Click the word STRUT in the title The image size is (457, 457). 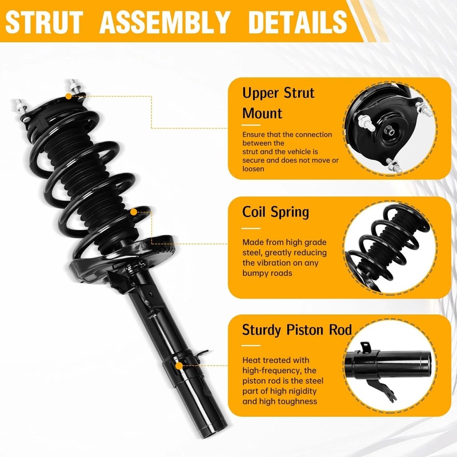(x=45, y=22)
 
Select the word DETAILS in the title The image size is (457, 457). (x=297, y=22)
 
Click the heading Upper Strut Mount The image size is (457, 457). (x=278, y=103)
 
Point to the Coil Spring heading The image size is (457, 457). (x=275, y=212)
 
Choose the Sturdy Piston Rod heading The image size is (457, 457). (x=296, y=330)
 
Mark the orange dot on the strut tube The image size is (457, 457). (x=179, y=364)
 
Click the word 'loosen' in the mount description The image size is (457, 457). (x=253, y=169)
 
